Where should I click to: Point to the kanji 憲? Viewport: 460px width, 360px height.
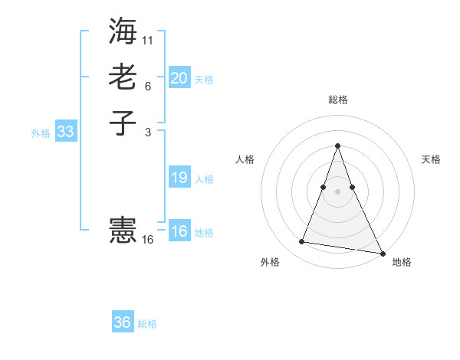(123, 229)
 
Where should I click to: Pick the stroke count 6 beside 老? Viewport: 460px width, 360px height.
(148, 87)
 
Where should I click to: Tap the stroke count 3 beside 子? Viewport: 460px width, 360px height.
(148, 132)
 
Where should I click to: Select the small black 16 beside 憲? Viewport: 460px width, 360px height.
(148, 240)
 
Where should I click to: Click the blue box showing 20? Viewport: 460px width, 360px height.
(179, 78)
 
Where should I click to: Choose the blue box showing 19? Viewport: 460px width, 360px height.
(179, 178)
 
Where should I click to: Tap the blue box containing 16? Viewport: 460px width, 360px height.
(179, 231)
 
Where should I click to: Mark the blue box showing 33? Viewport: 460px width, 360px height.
(66, 132)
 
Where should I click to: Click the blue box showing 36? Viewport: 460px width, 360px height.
(122, 322)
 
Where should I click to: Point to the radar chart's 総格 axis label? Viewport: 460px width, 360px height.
(337, 100)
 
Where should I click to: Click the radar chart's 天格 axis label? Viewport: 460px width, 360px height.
(431, 159)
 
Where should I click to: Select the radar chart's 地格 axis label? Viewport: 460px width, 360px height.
(402, 262)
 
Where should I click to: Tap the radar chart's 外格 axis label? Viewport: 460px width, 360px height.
(270, 262)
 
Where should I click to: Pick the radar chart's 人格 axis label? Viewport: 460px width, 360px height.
(245, 159)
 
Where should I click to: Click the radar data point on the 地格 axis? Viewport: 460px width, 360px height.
(381, 253)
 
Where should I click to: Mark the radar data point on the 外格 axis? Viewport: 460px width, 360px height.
(302, 242)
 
